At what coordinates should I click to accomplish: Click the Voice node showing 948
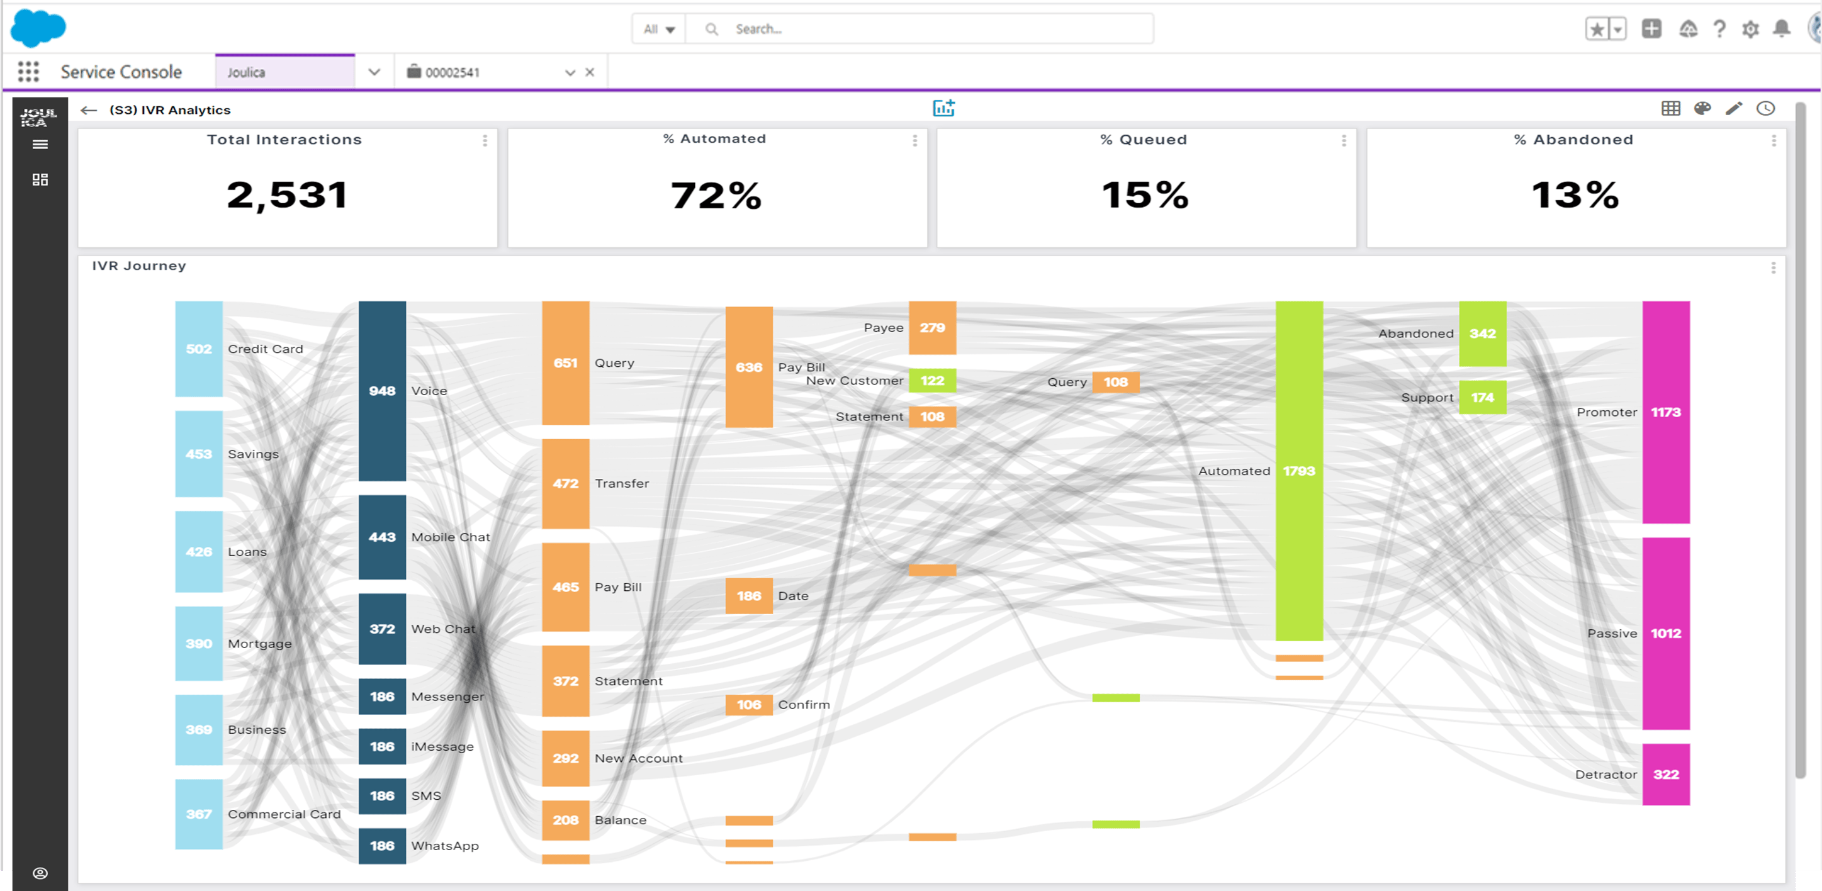(382, 391)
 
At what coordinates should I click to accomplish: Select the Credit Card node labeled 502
(199, 349)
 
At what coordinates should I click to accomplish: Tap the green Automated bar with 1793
(1298, 471)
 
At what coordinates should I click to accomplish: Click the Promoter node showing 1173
(1665, 412)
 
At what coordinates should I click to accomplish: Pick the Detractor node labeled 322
(1665, 775)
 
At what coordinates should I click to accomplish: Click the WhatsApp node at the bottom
(382, 846)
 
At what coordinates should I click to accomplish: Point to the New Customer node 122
(931, 381)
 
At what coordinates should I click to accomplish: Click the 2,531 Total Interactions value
(287, 194)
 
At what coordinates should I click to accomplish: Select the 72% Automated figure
(716, 195)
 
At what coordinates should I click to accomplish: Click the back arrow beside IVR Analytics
(88, 110)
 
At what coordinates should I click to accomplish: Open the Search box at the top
(919, 29)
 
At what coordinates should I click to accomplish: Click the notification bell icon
(1781, 29)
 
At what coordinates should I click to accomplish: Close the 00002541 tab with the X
(590, 72)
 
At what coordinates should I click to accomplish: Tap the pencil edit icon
(1734, 108)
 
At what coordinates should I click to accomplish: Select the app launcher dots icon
(28, 72)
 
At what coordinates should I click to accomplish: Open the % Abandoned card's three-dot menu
(1773, 141)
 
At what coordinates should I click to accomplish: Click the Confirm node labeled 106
(748, 704)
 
